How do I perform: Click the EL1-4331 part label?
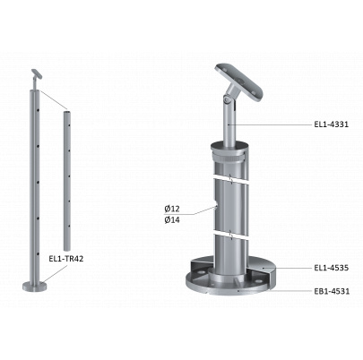(331, 124)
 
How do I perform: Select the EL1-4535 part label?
(331, 268)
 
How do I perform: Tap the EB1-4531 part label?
(332, 291)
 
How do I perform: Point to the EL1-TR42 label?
(66, 259)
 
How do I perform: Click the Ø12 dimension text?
(172, 210)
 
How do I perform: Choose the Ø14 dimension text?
(172, 220)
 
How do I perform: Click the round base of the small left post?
(35, 287)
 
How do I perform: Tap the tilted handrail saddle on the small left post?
(37, 74)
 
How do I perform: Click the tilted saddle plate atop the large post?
(240, 82)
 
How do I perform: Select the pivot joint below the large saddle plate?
(228, 99)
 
